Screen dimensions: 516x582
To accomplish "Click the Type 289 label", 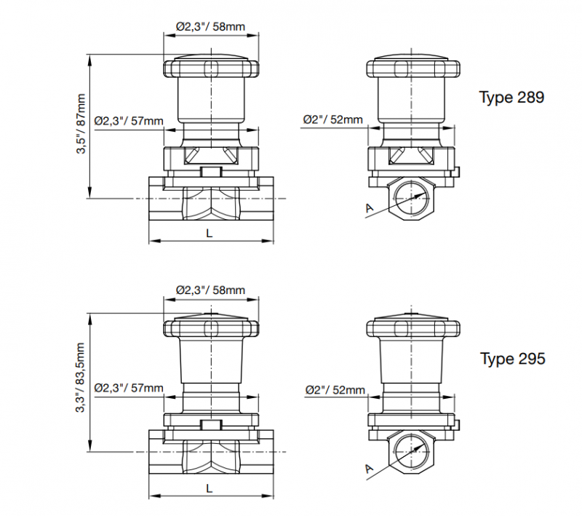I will tap(511, 98).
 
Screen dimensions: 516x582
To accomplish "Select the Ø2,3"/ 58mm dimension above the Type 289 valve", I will tap(210, 27).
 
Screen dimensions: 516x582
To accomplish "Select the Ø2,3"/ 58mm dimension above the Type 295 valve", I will tap(210, 290).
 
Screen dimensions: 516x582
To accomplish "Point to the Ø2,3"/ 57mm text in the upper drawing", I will tap(129, 120).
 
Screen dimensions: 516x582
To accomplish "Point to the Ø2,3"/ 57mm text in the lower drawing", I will tap(129, 387).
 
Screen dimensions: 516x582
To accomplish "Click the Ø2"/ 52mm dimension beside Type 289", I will tap(332, 120).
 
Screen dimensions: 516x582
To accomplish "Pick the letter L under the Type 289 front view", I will tap(210, 232).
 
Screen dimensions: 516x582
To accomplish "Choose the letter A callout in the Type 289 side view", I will tap(370, 209).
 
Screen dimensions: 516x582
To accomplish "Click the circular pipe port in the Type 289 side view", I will tap(413, 197).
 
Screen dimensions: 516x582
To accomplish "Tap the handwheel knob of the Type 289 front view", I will tap(210, 68).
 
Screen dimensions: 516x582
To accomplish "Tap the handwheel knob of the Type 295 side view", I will tap(413, 330).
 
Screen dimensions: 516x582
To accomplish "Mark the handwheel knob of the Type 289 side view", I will tap(413, 68).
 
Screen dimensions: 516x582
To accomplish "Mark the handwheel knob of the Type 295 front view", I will tap(210, 330).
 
